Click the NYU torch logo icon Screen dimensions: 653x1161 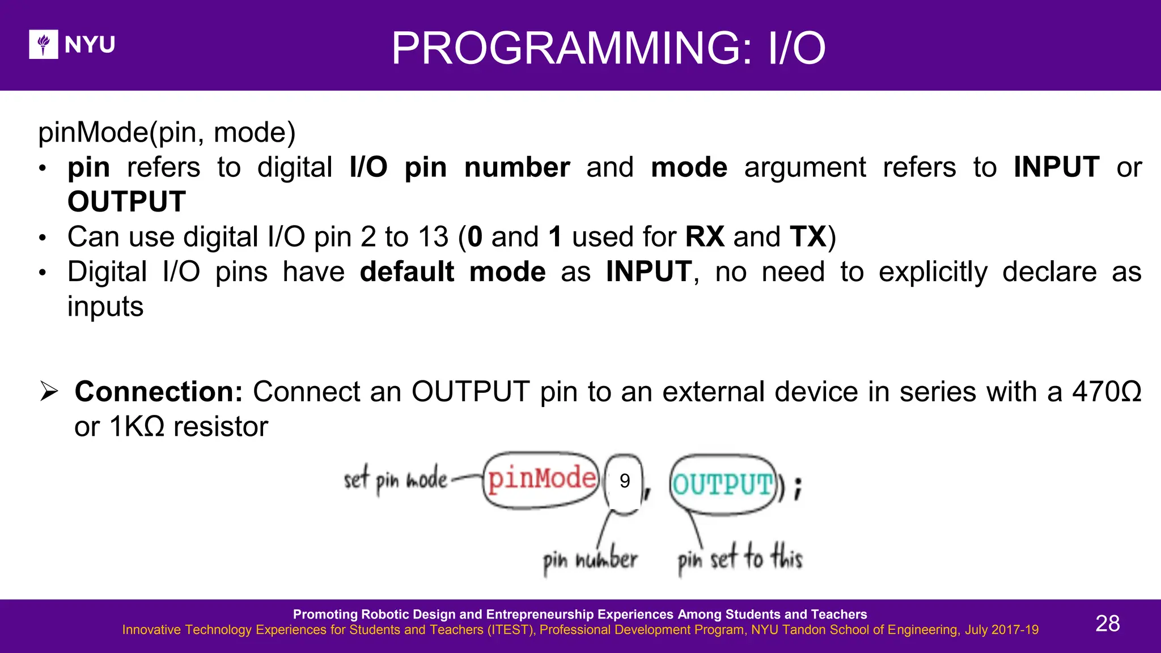click(x=44, y=44)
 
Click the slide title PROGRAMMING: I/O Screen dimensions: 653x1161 click(x=608, y=49)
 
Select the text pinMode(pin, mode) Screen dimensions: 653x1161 click(x=167, y=133)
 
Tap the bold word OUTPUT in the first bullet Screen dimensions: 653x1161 click(x=126, y=202)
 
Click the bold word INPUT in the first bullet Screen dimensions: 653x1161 click(x=1056, y=168)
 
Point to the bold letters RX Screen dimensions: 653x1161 click(x=705, y=237)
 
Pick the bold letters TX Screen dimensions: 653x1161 click(x=808, y=237)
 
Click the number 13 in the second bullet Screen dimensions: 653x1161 click(x=433, y=237)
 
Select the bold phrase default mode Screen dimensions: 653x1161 click(x=452, y=272)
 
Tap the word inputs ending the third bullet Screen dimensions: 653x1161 click(x=105, y=307)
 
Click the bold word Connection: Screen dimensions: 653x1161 click(x=159, y=392)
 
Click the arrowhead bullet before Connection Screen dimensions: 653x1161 click(x=49, y=392)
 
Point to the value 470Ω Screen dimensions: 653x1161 click(x=1106, y=392)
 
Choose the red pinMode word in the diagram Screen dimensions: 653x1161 click(x=541, y=479)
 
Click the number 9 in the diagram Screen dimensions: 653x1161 click(x=625, y=481)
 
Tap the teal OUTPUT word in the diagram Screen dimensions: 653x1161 click(x=722, y=485)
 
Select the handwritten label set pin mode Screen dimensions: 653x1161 click(x=395, y=480)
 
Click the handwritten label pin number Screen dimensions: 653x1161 click(x=590, y=560)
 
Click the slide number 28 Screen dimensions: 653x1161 click(x=1107, y=624)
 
